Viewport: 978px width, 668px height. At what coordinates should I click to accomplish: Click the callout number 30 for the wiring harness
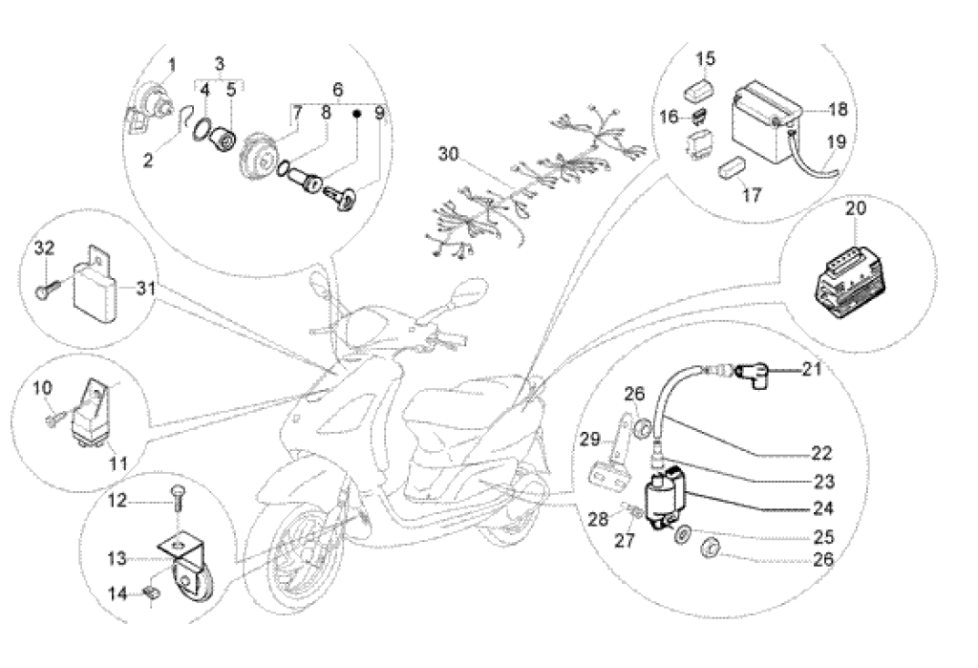point(450,153)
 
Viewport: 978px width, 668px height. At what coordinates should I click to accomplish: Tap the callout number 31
point(144,287)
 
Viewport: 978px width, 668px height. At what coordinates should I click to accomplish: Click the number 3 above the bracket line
point(219,64)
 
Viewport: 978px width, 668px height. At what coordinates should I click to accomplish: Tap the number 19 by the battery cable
point(836,141)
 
